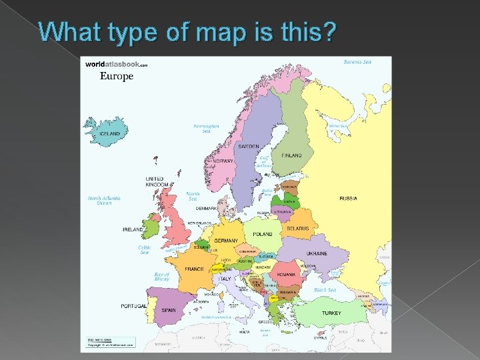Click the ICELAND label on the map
(110, 134)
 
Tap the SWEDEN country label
(249, 146)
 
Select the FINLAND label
(291, 155)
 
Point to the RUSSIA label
(348, 199)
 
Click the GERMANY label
(226, 241)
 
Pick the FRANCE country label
(195, 269)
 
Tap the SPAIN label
(169, 310)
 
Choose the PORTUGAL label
(135, 306)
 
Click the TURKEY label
(331, 313)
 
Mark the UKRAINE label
(317, 253)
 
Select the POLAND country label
(263, 235)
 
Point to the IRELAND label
(133, 229)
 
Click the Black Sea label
(325, 290)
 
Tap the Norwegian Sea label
(206, 128)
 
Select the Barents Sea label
(357, 61)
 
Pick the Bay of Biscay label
(162, 276)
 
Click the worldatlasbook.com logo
(115, 64)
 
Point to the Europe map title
(117, 76)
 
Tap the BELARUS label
(297, 229)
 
